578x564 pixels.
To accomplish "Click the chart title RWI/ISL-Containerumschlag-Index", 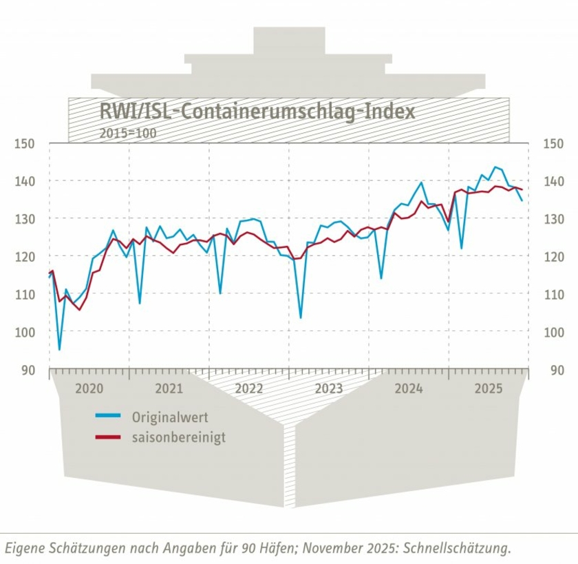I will pos(257,112).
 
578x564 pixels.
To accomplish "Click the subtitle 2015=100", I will pos(128,133).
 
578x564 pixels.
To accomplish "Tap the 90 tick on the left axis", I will pos(28,370).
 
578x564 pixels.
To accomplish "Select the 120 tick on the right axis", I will pos(553,257).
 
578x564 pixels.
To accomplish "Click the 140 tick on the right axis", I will pos(553,181).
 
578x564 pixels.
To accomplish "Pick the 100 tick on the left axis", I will pos(24,332).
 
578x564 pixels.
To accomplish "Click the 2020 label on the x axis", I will pos(89,388).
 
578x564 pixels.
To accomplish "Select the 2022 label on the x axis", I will pos(249,388).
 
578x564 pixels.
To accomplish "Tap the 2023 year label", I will pos(329,388).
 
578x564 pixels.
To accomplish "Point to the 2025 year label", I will pos(489,388).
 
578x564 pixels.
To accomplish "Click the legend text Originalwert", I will pos(170,417).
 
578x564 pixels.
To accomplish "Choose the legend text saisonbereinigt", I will pos(178,437).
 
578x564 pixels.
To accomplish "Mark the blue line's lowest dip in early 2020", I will pos(59,350).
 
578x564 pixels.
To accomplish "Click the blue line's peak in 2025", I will pos(494,167).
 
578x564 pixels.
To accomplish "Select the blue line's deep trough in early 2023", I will pos(301,317).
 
